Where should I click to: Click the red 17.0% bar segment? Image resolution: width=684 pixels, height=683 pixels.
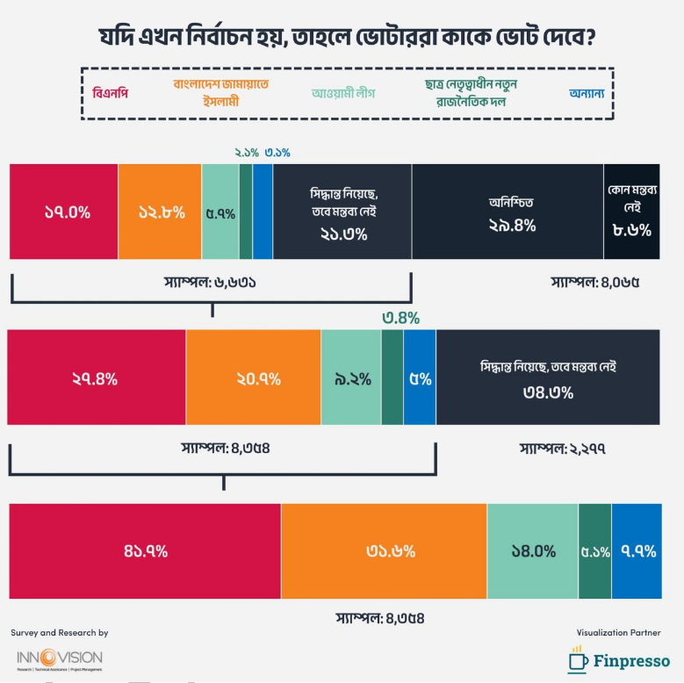(63, 212)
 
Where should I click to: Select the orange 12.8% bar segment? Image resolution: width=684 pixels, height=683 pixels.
(160, 212)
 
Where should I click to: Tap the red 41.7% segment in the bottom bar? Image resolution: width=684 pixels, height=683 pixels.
(145, 551)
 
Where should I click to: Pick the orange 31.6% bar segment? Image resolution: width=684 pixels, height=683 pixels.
(384, 551)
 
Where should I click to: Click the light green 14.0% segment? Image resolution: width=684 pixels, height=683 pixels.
(533, 551)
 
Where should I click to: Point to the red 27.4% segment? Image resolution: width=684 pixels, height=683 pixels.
(97, 378)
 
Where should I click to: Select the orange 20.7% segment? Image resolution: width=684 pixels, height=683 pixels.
(254, 378)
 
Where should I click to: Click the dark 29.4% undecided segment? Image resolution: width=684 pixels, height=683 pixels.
(508, 212)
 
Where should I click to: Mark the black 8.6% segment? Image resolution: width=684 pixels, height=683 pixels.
(631, 212)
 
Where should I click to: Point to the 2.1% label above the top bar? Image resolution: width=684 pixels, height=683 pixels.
(247, 153)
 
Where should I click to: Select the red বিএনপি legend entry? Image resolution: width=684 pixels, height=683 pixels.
(111, 93)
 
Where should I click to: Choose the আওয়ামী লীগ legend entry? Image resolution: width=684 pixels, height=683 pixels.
(346, 93)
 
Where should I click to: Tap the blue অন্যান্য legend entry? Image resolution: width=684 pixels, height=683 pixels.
(580, 93)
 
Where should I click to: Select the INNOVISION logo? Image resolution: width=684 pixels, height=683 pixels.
(60, 658)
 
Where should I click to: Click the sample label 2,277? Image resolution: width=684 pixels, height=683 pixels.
(564, 449)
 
